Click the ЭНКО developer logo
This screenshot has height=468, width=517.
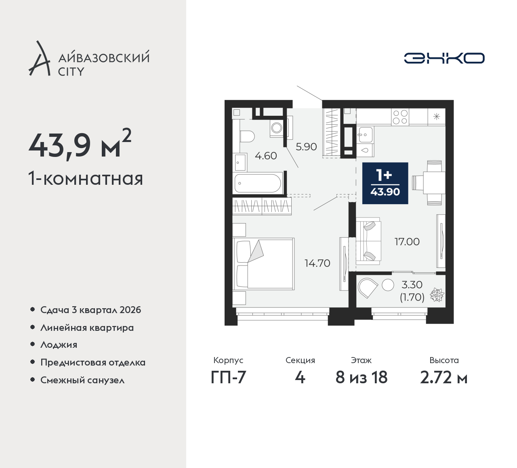444,58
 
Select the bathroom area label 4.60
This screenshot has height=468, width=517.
266,156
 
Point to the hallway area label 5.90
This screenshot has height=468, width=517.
306,147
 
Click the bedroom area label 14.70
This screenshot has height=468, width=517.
317,263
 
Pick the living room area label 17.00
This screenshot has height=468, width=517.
407,242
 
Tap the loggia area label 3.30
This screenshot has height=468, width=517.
412,285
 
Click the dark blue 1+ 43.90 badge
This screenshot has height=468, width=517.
385,183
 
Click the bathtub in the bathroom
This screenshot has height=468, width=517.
257,183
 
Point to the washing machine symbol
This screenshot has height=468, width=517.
277,128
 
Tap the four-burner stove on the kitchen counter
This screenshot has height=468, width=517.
400,117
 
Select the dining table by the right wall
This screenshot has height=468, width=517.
434,183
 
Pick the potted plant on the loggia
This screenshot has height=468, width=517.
437,295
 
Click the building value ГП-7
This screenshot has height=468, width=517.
228,378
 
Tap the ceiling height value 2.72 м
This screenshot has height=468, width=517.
444,378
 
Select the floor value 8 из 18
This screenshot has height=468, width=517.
361,378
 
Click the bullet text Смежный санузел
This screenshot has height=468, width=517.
82,380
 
